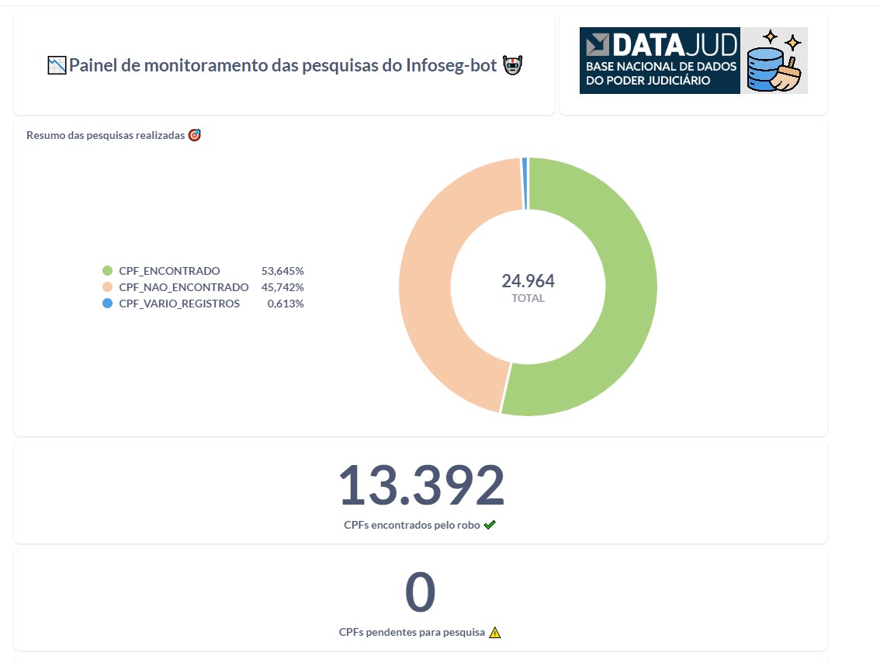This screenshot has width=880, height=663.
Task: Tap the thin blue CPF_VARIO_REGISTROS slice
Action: coord(525,183)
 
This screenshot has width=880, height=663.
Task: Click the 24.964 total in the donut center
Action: coord(528,280)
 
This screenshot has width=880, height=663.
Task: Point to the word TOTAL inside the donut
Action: coord(528,298)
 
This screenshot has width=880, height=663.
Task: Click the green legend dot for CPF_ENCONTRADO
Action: coord(108,271)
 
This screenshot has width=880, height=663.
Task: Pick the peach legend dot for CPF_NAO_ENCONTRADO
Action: coord(108,287)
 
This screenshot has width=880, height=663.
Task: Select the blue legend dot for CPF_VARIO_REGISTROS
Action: coord(108,304)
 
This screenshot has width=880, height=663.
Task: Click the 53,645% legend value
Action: coord(282,271)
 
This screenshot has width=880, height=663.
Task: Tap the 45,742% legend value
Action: coord(282,287)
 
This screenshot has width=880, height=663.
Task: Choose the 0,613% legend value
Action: coord(286,304)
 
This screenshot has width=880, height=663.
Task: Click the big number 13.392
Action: coord(421,485)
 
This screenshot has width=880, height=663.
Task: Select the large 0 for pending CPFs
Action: coord(420,592)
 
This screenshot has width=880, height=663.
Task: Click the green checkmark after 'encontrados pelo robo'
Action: coord(490,525)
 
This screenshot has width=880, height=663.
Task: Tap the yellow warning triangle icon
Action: coord(495,632)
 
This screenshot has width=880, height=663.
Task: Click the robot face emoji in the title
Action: coord(511,65)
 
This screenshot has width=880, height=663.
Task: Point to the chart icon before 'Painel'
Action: coord(57,65)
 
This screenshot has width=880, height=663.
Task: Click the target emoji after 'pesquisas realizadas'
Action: coord(195,135)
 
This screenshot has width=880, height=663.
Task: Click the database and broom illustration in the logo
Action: coord(774,61)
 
